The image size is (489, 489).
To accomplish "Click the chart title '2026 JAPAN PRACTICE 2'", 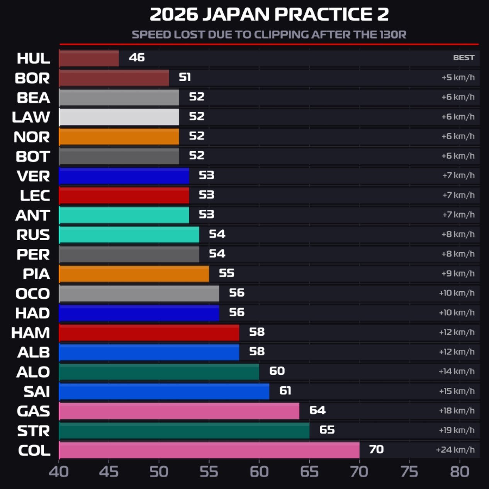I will tap(269, 15).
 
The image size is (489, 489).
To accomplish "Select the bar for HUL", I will tap(89, 58).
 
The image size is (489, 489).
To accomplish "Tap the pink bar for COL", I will tap(209, 450).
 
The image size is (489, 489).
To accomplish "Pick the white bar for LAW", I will tap(119, 117).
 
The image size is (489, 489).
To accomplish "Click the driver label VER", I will tap(33, 176).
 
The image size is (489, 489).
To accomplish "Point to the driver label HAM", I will tap(31, 333).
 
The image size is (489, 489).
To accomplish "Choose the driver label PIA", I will tap(36, 274).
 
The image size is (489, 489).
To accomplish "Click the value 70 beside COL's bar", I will tap(376, 449).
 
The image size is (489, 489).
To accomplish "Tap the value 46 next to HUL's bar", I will tap(137, 58).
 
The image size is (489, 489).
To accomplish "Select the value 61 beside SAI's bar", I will tap(285, 391).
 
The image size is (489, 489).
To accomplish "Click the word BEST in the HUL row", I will tap(464, 58).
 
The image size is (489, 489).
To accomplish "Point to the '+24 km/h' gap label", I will tap(455, 450).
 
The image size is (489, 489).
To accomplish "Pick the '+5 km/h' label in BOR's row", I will tap(458, 78).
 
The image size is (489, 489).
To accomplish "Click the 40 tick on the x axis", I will tap(59, 472).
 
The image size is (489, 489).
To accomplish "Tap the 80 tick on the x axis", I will tap(460, 472).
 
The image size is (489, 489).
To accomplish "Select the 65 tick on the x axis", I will tap(309, 472).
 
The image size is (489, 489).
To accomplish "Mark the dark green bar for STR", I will tap(184, 430).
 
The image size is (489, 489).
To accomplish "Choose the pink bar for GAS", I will tap(179, 411).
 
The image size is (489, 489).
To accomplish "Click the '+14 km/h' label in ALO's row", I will tap(457, 371).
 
